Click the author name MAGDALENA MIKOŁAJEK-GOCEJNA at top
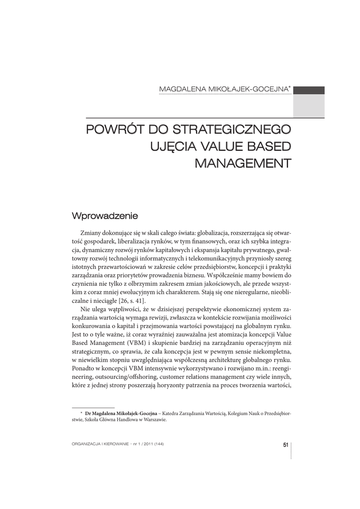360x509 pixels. (224, 89)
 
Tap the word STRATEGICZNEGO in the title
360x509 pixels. (232, 130)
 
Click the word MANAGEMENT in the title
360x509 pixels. (243, 163)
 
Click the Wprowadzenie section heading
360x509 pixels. (104, 216)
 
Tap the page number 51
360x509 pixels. (285, 444)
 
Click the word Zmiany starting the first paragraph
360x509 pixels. (90, 233)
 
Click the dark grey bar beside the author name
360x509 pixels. (308, 90)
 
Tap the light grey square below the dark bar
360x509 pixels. (308, 106)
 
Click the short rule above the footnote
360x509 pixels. (93, 408)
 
